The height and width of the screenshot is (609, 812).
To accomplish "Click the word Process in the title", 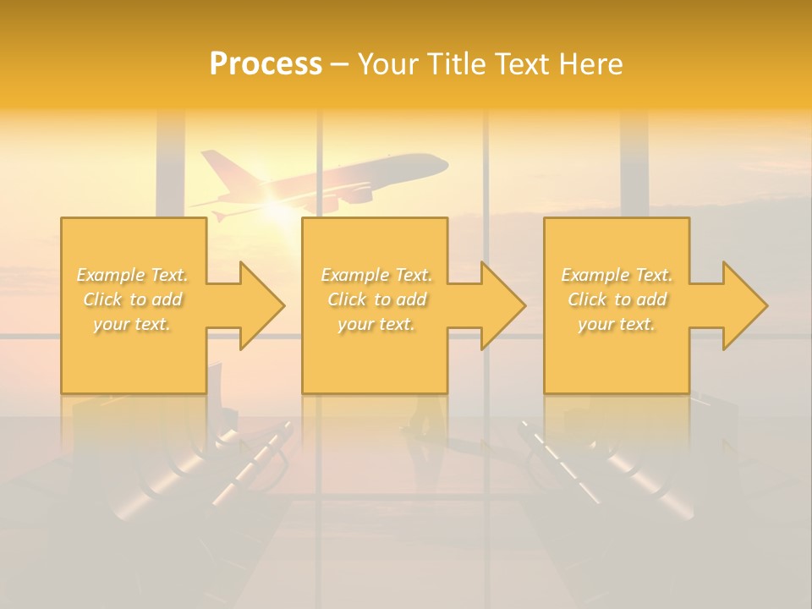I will point(266,64).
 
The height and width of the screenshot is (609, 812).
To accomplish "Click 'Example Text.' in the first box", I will point(133,275).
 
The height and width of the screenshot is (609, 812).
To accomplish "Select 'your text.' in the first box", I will point(133,324).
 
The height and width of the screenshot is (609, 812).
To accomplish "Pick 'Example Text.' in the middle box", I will point(376,275).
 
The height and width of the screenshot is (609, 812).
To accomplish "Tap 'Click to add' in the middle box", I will point(376,299).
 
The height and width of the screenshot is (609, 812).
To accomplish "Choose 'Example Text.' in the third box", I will point(617,275).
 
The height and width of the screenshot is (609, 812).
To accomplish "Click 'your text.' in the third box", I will point(617,324).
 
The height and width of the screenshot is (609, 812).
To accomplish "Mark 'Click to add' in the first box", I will point(133,299).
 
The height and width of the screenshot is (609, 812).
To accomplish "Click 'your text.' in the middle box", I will point(376,324).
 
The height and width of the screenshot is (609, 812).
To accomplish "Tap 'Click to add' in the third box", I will point(617,299).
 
